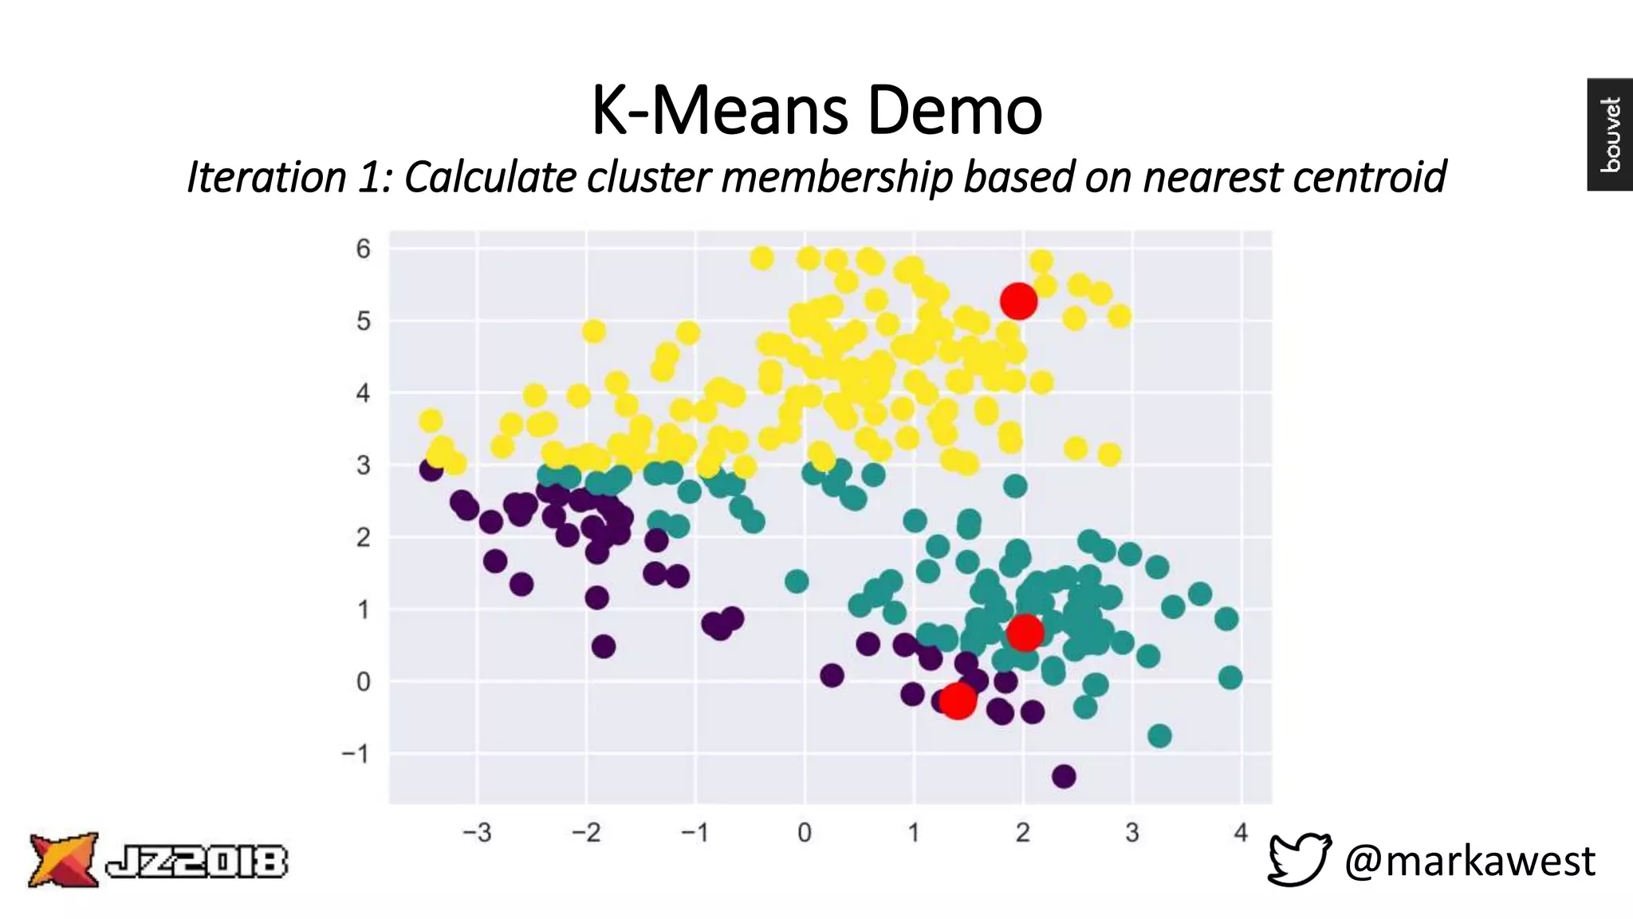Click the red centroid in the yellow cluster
coord(1018,301)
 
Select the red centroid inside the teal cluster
coord(1025,632)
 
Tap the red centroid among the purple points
coord(958,700)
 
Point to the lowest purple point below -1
coord(1064,775)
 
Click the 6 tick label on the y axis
coord(364,249)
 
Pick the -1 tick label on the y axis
coord(356,754)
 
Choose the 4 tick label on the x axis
coord(1241,833)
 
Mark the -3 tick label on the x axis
coord(477,833)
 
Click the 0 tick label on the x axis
coord(805,833)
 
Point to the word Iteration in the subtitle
coord(267,177)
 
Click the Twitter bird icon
coord(1299,859)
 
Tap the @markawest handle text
coord(1470,861)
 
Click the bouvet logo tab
coord(1610,134)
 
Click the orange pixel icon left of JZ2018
coord(64,860)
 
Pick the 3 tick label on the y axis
coord(364,465)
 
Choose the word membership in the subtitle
coord(837,177)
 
